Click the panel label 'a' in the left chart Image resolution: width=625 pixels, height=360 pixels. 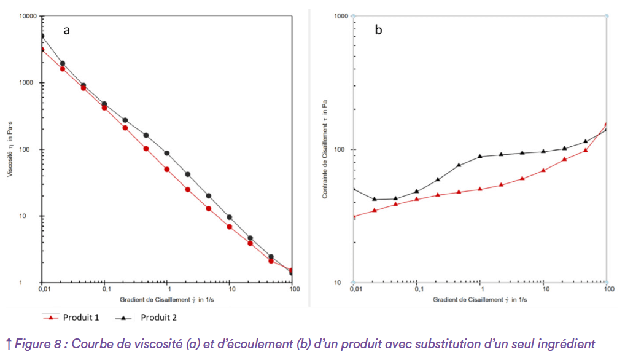pos(66,30)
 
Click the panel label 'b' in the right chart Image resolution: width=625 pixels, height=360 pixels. pos(378,30)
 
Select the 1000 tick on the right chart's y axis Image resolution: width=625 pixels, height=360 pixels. pos(341,16)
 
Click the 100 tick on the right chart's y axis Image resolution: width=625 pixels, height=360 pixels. pos(343,149)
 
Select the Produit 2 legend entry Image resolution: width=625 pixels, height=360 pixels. pos(158,318)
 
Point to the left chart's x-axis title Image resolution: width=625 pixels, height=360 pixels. pos(166,300)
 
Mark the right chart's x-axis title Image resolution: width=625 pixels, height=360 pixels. pos(480,300)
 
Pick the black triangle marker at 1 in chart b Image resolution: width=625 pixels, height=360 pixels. pos(480,156)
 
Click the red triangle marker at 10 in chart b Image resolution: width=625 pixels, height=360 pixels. pos(543,170)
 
